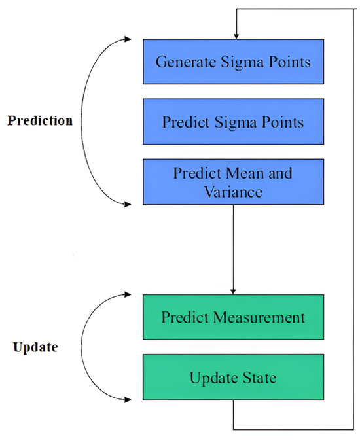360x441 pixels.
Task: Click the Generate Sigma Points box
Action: [233, 63]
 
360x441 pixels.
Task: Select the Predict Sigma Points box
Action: [233, 122]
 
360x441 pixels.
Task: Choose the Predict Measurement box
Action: [233, 318]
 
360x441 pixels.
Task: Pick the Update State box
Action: [233, 378]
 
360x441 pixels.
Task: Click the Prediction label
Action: [41, 121]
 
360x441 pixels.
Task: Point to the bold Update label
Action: [35, 347]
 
